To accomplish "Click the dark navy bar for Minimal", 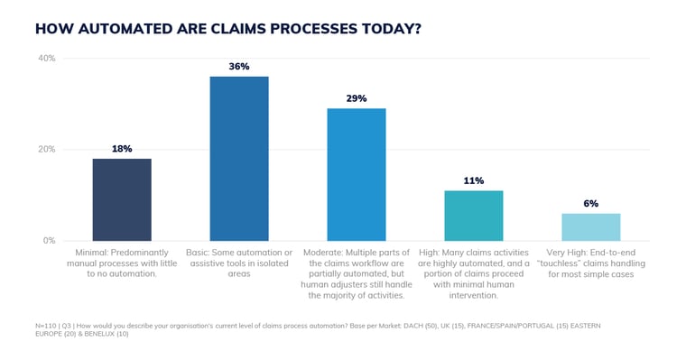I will (122, 199).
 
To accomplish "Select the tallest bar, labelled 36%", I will (239, 158).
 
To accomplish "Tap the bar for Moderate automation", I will (357, 174).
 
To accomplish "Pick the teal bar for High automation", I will (474, 216).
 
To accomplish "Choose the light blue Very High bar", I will (591, 226).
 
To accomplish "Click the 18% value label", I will (122, 149).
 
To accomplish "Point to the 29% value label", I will (357, 98).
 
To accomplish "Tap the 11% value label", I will (474, 180).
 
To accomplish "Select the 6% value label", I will (591, 204).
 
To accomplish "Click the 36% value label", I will (239, 67).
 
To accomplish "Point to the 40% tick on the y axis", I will (45, 58).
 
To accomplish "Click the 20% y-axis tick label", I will (45, 150).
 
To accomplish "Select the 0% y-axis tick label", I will (49, 241).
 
